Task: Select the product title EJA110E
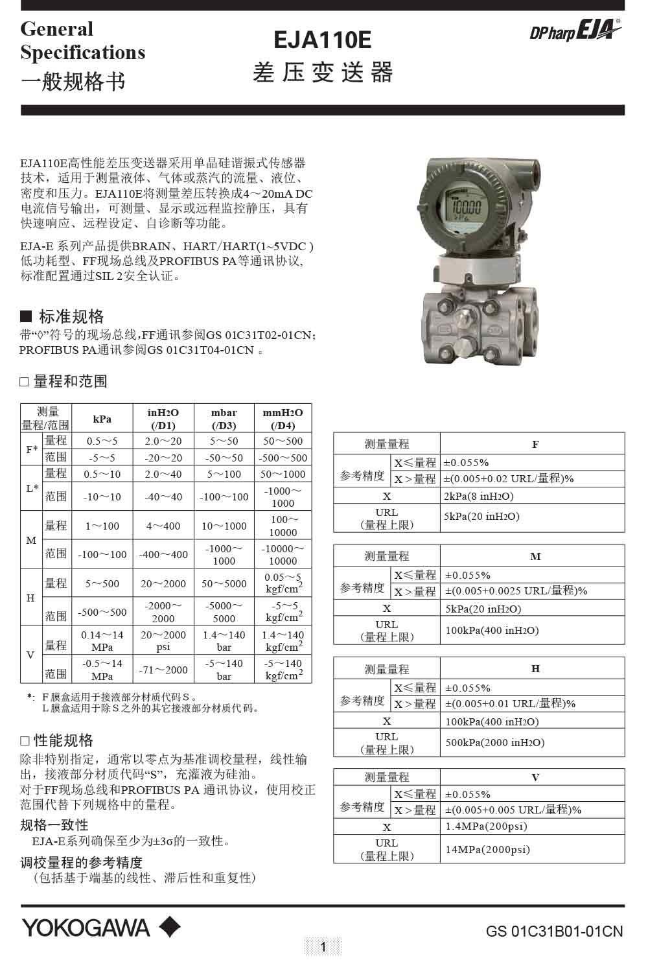(322, 41)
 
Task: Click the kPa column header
(102, 419)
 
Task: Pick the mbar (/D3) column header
(224, 419)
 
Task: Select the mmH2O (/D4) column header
(283, 419)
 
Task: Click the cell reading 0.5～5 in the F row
(102, 441)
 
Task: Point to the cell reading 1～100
(102, 526)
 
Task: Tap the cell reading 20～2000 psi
(163, 640)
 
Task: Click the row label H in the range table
(30, 598)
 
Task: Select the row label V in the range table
(30, 655)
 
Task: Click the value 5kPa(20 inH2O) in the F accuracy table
(482, 517)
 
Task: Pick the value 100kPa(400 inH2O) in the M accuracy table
(492, 630)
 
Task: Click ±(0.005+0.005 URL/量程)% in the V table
(513, 810)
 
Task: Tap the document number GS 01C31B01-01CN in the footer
(554, 932)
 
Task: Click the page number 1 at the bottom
(323, 947)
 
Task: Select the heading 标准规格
(71, 316)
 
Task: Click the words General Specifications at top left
(82, 40)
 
